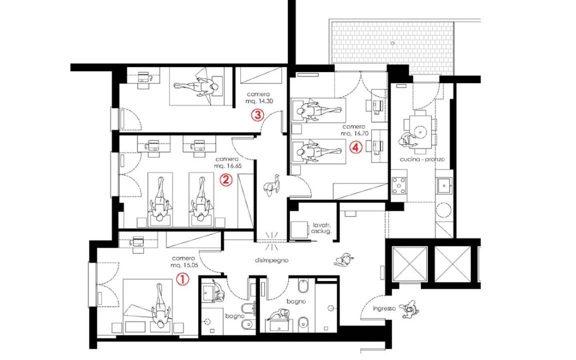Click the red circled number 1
tap(182, 279)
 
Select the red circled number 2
tap(226, 179)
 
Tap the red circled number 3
tap(257, 115)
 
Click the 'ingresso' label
tap(384, 308)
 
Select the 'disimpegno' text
tap(271, 260)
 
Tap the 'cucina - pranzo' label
tap(422, 159)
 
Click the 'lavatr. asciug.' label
tap(321, 228)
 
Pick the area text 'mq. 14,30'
tap(259, 101)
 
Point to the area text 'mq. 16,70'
tap(354, 133)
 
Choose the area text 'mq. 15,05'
tap(184, 265)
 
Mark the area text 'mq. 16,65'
tap(228, 165)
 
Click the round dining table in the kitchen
tap(420, 131)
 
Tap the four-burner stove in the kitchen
tap(399, 185)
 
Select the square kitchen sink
tap(444, 185)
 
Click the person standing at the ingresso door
tap(408, 308)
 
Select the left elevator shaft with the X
tap(410, 264)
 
